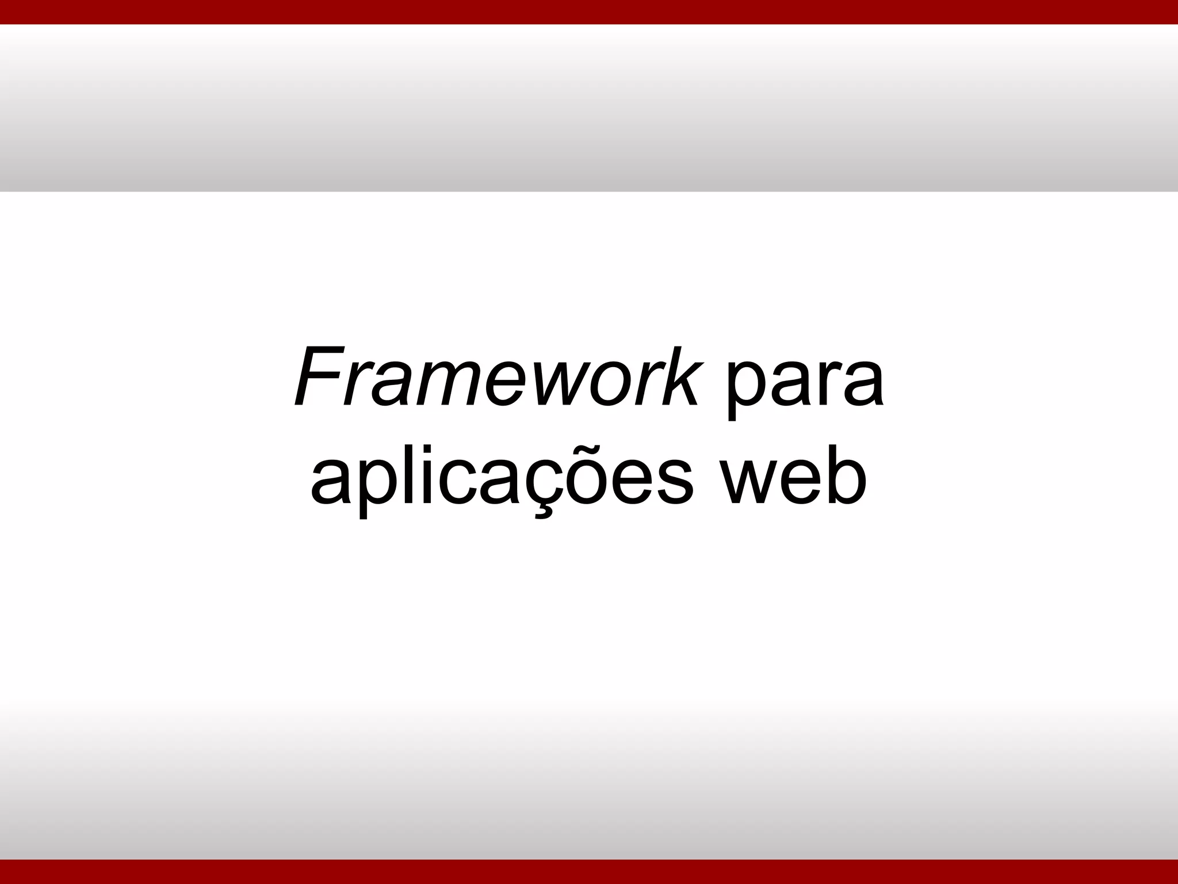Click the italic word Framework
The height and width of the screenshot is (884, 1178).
[498, 377]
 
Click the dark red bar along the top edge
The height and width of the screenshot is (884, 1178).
[589, 12]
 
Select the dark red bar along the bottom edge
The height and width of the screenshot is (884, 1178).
[589, 872]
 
